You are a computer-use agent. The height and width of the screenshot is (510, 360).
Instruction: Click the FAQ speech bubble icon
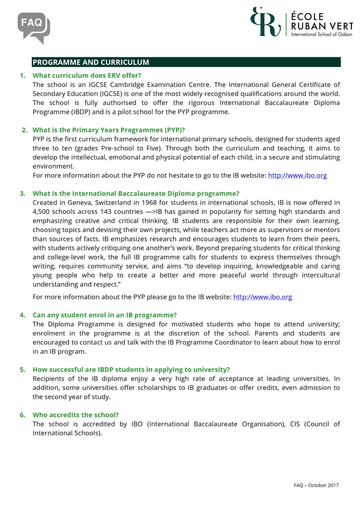(34, 27)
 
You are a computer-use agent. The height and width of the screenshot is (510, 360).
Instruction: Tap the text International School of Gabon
(321, 34)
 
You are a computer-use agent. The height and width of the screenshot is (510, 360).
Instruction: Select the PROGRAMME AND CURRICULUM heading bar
(186, 62)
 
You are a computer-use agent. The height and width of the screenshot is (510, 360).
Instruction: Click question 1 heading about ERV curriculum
(87, 76)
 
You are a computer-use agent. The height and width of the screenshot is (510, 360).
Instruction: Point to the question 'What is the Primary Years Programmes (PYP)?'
(109, 130)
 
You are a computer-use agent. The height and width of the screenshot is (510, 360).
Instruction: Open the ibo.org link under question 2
(297, 175)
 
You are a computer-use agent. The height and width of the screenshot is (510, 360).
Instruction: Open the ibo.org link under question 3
(263, 297)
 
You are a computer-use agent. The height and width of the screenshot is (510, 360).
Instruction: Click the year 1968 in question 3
(149, 203)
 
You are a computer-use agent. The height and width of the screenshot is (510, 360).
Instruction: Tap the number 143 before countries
(106, 212)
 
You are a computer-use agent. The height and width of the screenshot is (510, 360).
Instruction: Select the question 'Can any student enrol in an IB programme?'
(104, 315)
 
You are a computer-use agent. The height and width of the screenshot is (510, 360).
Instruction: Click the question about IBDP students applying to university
(131, 370)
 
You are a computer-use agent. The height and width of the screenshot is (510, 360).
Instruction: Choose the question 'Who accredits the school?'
(76, 415)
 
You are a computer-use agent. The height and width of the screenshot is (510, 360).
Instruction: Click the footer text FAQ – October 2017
(316, 485)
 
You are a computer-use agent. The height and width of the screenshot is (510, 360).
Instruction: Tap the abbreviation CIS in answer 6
(295, 424)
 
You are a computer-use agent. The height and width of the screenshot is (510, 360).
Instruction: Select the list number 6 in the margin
(22, 415)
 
